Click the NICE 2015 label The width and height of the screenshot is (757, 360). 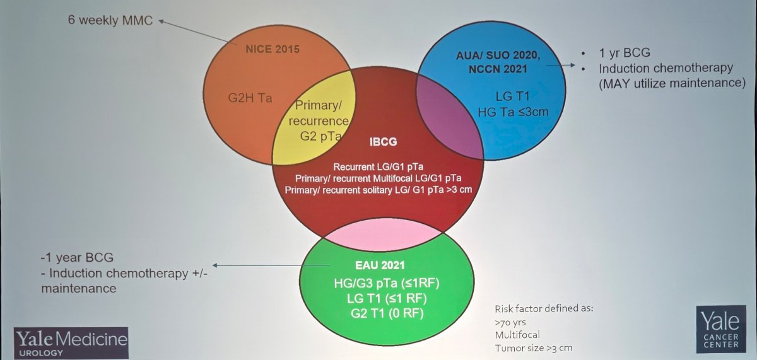click(x=273, y=49)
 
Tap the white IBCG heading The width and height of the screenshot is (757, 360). click(x=383, y=142)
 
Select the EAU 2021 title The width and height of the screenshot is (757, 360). click(x=380, y=265)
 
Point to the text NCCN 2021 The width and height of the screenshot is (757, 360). click(x=498, y=69)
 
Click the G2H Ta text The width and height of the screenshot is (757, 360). click(x=250, y=98)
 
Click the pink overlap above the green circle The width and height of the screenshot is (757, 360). click(x=383, y=234)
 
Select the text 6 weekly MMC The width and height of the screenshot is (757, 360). click(x=110, y=20)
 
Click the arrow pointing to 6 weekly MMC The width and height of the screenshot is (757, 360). click(x=198, y=32)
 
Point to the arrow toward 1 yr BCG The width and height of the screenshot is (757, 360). click(x=560, y=65)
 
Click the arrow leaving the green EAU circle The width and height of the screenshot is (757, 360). click(x=271, y=265)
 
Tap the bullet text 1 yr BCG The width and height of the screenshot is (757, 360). click(x=625, y=53)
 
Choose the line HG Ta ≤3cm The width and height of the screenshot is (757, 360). click(x=513, y=112)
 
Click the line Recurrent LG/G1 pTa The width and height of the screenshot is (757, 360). click(x=378, y=167)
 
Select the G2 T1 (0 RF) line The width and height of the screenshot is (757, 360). click(x=387, y=313)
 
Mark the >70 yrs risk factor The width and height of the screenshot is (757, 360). click(x=510, y=323)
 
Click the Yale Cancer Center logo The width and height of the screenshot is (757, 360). click(x=721, y=329)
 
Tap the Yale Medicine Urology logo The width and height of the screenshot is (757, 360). click(x=71, y=343)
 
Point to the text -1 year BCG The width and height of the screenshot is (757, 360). click(x=77, y=258)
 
